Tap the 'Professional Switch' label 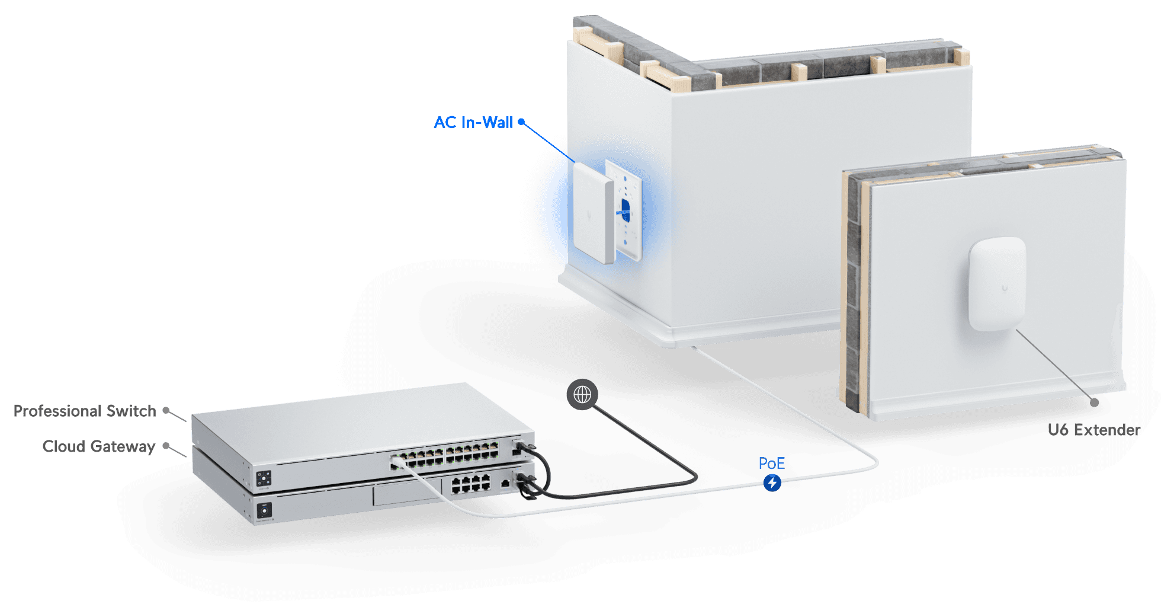85,411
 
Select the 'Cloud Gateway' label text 98,446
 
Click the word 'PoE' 771,464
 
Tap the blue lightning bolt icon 772,483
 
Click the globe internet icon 582,395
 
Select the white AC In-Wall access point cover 592,212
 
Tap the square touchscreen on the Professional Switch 264,478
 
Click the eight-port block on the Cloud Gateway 470,484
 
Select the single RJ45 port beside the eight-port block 505,484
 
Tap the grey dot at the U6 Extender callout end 1095,402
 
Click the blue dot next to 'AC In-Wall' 521,122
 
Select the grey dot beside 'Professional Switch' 167,410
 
